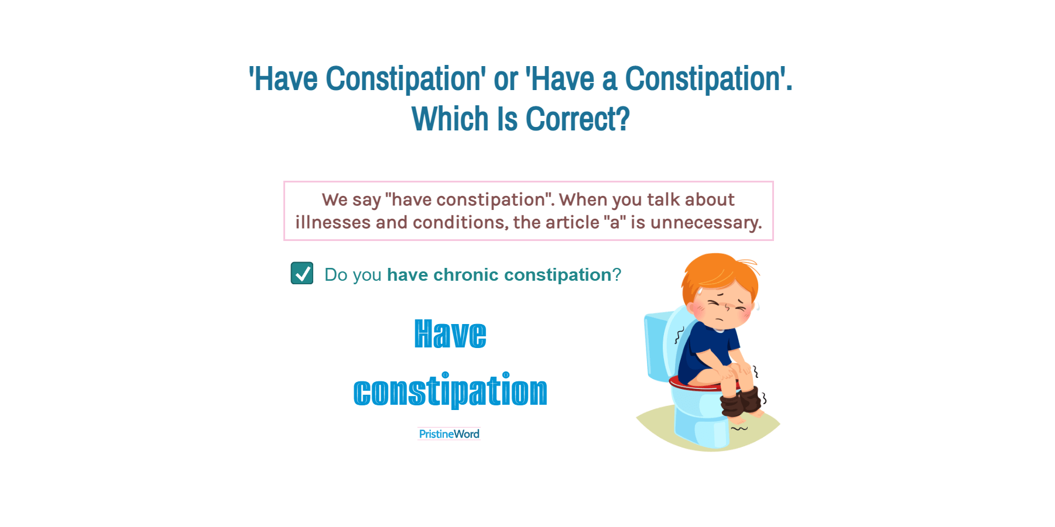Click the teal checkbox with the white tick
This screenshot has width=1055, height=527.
pyautogui.click(x=302, y=273)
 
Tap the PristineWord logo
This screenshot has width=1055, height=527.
pyautogui.click(x=449, y=434)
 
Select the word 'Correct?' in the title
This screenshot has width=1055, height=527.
pyautogui.click(x=577, y=119)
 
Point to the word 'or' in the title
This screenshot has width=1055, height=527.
pyautogui.click(x=506, y=79)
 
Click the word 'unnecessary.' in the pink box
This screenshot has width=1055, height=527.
pyautogui.click(x=706, y=223)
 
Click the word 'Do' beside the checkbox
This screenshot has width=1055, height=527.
pyautogui.click(x=336, y=275)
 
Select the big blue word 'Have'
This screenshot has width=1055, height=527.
pyautogui.click(x=450, y=335)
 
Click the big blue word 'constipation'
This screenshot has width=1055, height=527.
pyautogui.click(x=450, y=391)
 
